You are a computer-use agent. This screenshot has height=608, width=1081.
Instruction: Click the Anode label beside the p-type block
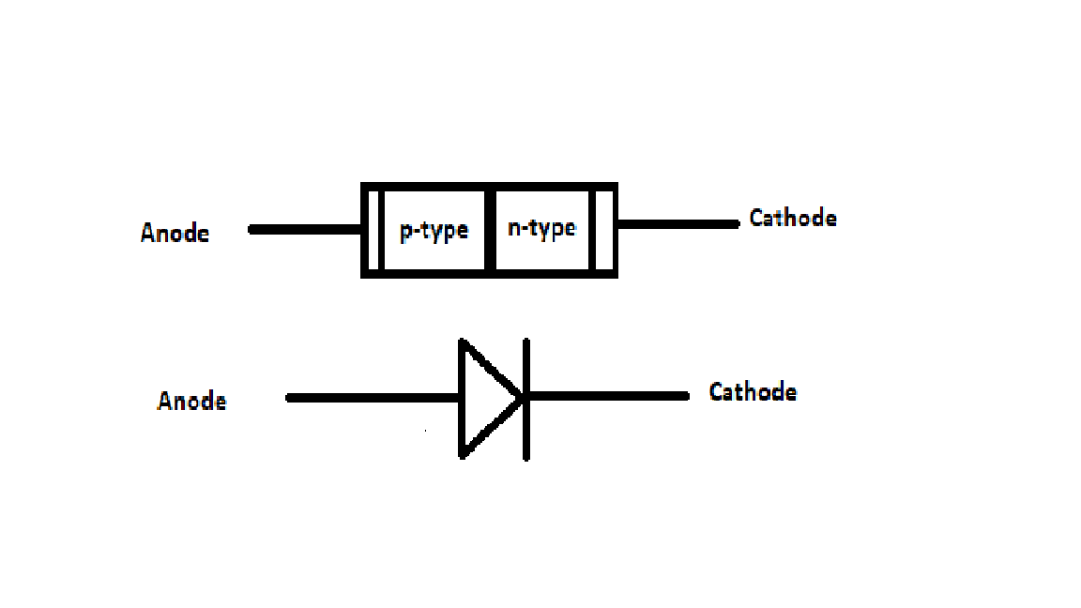[x=175, y=233]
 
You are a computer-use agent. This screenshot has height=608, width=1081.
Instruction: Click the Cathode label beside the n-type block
[x=793, y=219]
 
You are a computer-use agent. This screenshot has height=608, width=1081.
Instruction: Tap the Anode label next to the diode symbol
[x=192, y=402]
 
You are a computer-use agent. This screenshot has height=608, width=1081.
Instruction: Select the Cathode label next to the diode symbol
[x=753, y=391]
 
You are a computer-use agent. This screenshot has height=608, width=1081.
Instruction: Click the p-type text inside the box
[x=434, y=230]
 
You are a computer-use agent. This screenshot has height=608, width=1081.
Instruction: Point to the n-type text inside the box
[x=541, y=228]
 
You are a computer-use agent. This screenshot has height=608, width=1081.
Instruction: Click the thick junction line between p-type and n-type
[x=489, y=231]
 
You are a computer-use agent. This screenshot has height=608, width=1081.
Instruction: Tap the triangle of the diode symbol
[x=483, y=398]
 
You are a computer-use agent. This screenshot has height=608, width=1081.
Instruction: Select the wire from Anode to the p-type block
[x=305, y=229]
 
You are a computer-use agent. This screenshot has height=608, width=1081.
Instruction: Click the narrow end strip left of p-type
[x=373, y=231]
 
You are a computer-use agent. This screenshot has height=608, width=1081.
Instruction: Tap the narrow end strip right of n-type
[x=603, y=231]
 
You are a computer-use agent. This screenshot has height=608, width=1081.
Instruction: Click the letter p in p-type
[x=406, y=232]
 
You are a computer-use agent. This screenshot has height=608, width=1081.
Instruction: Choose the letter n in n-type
[x=513, y=228]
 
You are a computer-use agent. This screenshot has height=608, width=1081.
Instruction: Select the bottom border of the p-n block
[x=489, y=274]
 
